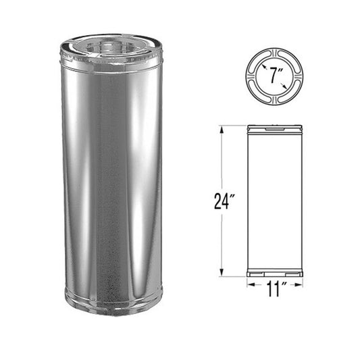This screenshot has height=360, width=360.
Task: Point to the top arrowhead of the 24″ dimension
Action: coord(224,129)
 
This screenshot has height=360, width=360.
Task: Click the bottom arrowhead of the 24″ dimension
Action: coord(224,274)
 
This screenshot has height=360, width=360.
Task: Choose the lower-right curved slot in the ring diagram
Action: coord(291,91)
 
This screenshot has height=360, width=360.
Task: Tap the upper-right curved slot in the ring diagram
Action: coord(291,60)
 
